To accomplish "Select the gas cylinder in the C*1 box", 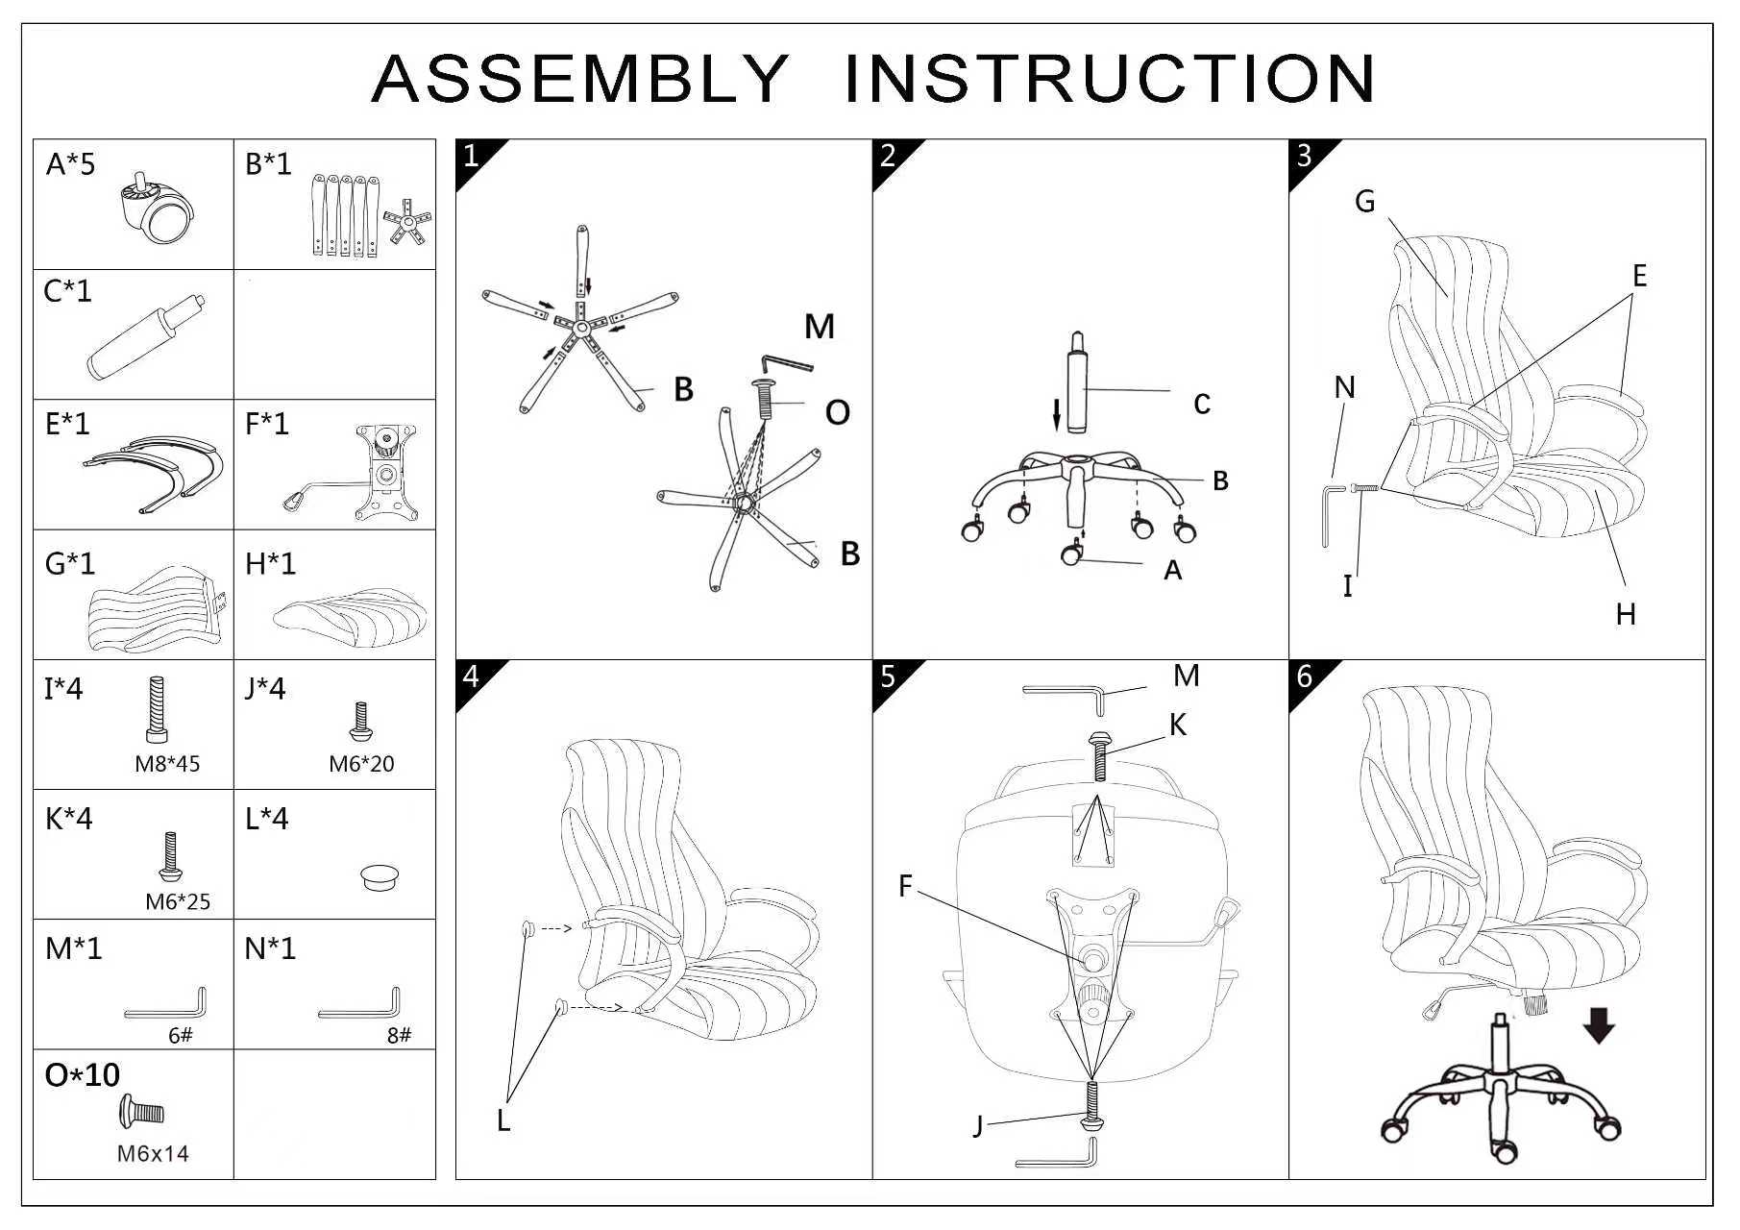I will pos(144,338).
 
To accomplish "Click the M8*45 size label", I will pos(167,765).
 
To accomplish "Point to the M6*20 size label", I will pos(361,765).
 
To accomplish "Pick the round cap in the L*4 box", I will pos(380,877).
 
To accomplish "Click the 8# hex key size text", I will pos(399,1036).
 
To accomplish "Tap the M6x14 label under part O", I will pos(153,1154).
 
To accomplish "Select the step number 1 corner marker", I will pos(471,156).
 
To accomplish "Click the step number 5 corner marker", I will pos(888,676).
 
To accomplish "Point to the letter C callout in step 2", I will pos(1201,405).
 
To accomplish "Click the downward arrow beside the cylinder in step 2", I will pos(1057,414).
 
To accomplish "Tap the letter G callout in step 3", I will pos(1364,202).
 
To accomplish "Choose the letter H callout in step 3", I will pos(1625,615).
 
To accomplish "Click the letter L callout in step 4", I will pos(503,1120).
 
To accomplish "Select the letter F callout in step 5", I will pos(905,886).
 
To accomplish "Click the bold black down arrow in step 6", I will pos(1599,1024).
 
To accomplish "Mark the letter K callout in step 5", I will pos(1178,726).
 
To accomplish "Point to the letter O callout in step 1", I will pos(837,413).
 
